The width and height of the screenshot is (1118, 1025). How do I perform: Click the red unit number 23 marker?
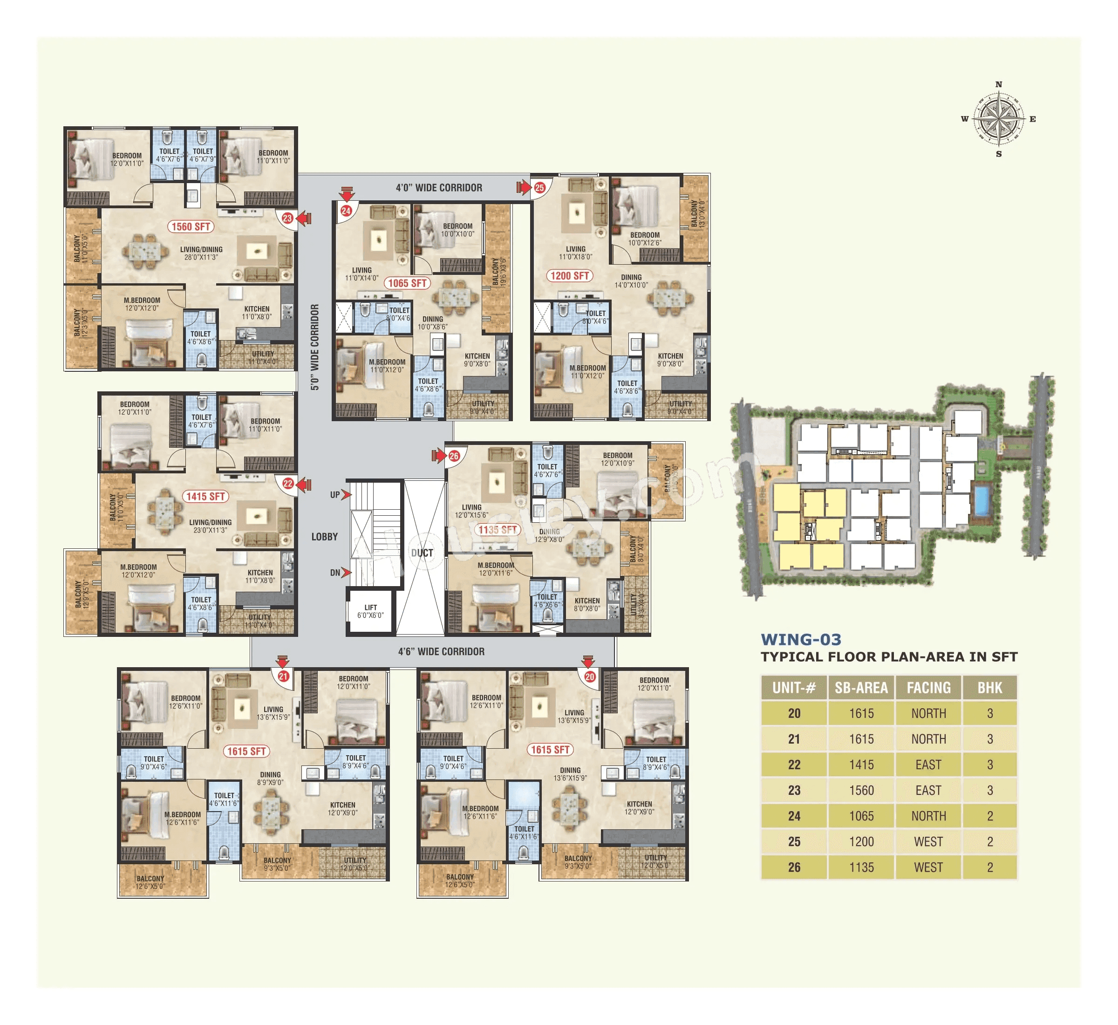coord(287,218)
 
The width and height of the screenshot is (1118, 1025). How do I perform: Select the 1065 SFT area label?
coord(407,283)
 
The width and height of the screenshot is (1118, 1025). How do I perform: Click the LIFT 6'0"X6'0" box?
coord(370,611)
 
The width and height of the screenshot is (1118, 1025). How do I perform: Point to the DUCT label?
coord(422,553)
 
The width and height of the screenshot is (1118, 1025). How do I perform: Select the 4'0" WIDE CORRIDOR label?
coord(439,187)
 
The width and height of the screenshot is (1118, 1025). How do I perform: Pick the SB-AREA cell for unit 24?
coord(861,816)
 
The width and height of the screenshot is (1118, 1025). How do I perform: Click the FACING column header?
coord(928,688)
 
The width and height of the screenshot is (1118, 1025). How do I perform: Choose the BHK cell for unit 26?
coord(989,867)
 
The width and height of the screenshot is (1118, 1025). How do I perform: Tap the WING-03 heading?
coord(801,640)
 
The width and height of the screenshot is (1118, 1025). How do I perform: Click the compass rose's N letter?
coord(999,84)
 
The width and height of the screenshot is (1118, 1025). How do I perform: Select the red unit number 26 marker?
coord(454,456)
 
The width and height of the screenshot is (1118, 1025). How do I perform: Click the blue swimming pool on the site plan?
coord(981,501)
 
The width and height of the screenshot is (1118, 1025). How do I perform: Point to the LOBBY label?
coord(324,536)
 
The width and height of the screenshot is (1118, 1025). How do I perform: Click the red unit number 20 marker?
coord(589,676)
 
